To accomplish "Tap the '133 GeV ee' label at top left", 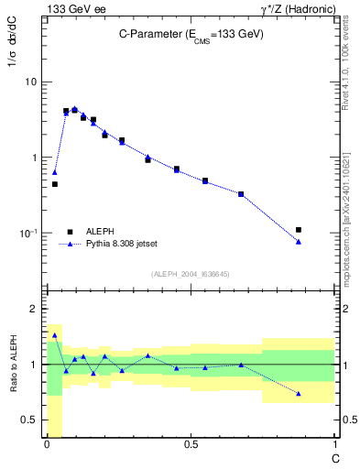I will click(74, 8).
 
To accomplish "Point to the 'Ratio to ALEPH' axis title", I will click(13, 365).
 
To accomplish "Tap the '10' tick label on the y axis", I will click(29, 82).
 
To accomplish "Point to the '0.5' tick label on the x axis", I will click(190, 444).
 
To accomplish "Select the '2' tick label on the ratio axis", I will click(35, 309).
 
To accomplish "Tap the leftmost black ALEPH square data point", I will click(55, 184).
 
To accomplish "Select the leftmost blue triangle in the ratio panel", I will click(55, 335).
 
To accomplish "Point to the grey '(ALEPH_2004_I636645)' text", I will click(191, 273).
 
